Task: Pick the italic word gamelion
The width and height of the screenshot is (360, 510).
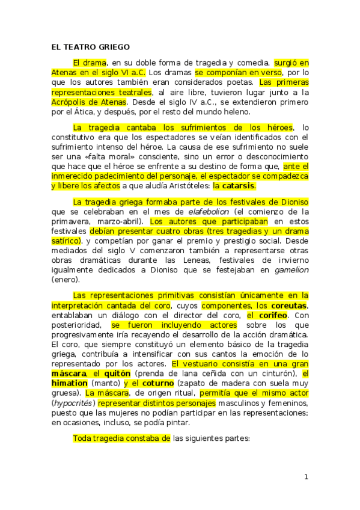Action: [290, 270]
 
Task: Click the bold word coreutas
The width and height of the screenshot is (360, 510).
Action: [287, 306]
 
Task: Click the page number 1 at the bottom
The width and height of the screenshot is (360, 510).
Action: [306, 477]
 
